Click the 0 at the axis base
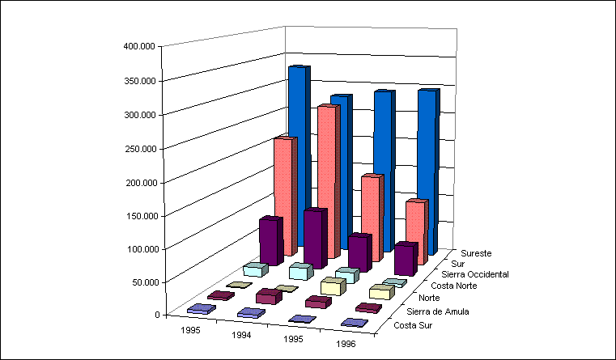[156, 315]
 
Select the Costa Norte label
[456, 286]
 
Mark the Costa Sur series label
[412, 326]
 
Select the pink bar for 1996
[415, 232]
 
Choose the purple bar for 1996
[405, 259]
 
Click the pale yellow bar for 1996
[380, 291]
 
